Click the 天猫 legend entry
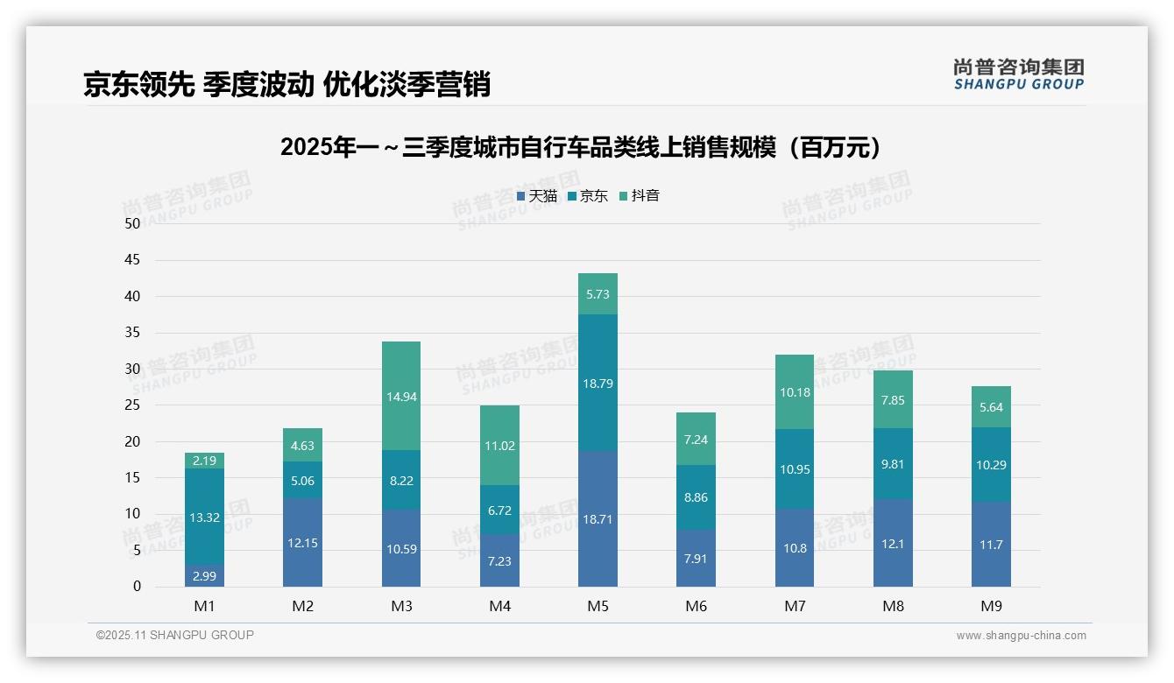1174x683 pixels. tap(537, 196)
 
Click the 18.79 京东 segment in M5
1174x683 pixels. tap(598, 383)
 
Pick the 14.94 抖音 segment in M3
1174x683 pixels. tap(401, 396)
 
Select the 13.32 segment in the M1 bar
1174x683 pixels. tap(204, 517)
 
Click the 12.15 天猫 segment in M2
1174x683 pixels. tap(302, 543)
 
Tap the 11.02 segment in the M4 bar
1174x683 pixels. tap(499, 445)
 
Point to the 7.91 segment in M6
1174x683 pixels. tap(696, 558)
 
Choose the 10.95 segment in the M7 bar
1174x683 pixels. tap(794, 469)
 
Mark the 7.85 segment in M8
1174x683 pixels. tap(893, 399)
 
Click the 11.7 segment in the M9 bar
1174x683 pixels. tap(991, 544)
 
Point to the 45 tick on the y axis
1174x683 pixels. tap(132, 260)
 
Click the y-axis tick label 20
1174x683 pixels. tap(132, 441)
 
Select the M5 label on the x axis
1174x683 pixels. tap(598, 606)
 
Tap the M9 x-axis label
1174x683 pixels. tap(991, 606)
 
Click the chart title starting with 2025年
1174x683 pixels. tap(580, 147)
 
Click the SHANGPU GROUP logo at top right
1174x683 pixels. tap(1018, 74)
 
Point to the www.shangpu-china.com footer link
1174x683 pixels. tap(1021, 636)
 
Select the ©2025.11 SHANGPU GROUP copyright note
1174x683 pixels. tap(175, 635)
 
